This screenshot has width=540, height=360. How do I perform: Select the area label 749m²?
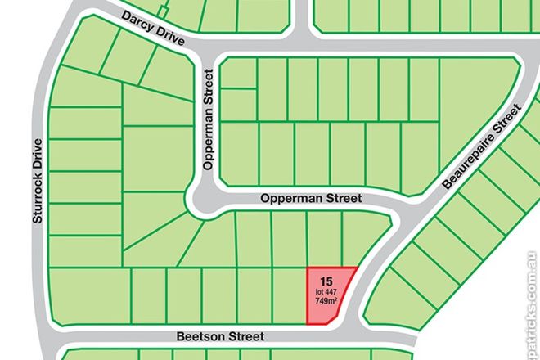tap(325, 302)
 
